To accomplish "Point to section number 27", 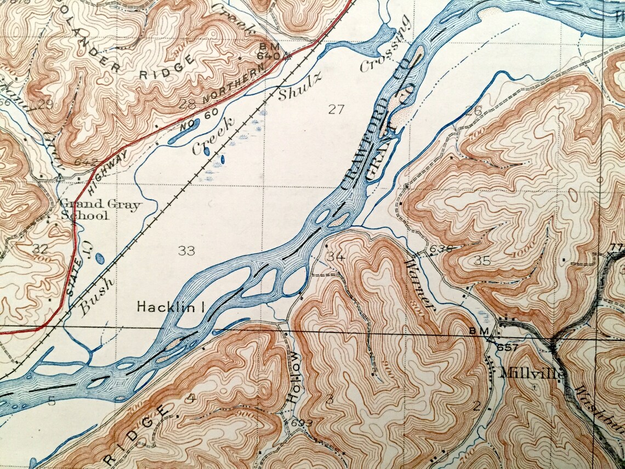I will click(336, 109).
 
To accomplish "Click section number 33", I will click(186, 251).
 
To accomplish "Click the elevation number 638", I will click(441, 248).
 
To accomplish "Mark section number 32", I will click(39, 248).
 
